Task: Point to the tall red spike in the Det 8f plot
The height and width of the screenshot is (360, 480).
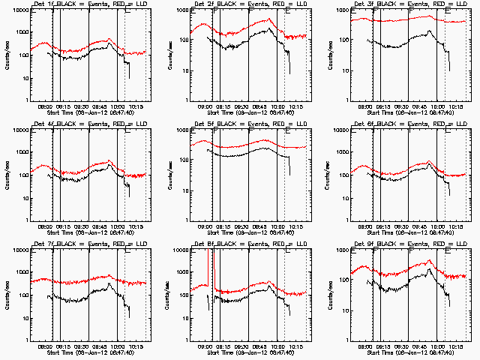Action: pyautogui.click(x=214, y=271)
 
